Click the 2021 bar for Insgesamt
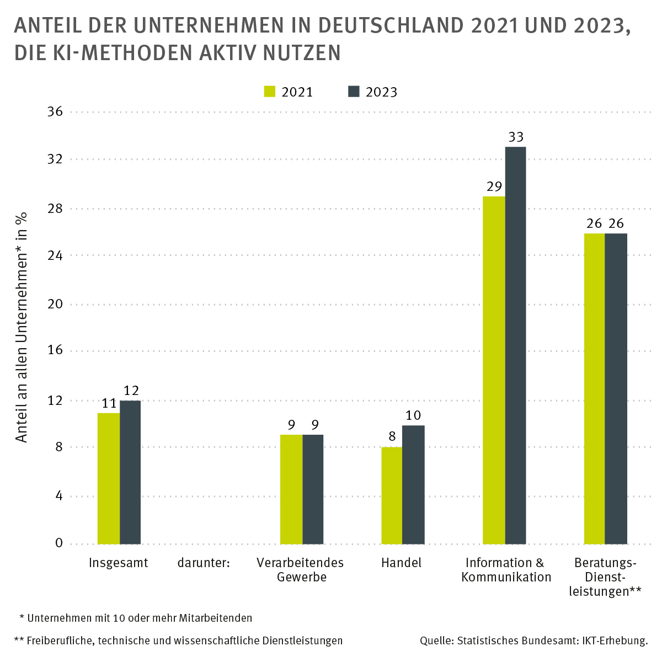(x=109, y=478)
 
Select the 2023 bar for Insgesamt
(x=130, y=472)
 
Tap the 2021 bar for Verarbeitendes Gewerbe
(x=291, y=489)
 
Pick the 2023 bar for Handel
(x=413, y=484)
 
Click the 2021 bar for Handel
(x=392, y=495)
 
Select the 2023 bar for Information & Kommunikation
(x=515, y=345)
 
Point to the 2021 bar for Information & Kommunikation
(x=494, y=370)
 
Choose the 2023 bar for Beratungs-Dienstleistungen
(x=616, y=388)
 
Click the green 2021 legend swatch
(x=270, y=92)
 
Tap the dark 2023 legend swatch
(x=354, y=92)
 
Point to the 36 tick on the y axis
(x=56, y=112)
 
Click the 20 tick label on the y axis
(x=56, y=304)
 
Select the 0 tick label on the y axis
(x=59, y=543)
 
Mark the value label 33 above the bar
(x=516, y=137)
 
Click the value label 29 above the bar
(x=494, y=186)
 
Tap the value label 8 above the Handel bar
(x=392, y=437)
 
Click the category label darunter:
(x=203, y=563)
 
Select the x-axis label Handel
(x=401, y=563)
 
